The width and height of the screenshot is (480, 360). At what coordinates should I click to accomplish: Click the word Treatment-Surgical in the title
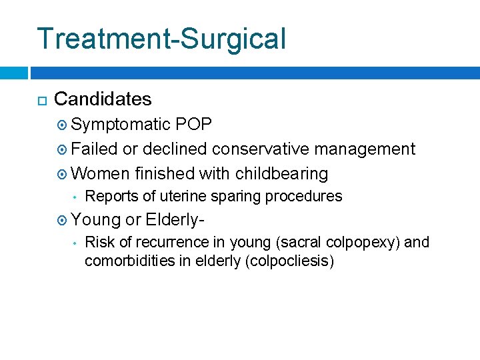(x=161, y=39)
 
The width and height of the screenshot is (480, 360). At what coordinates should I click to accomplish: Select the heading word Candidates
(x=103, y=99)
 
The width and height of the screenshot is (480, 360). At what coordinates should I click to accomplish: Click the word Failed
(x=94, y=149)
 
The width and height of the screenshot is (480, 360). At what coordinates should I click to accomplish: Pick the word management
(x=365, y=149)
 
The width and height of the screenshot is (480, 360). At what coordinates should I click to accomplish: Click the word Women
(x=100, y=173)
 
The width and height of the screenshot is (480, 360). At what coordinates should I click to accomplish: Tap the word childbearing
(x=281, y=173)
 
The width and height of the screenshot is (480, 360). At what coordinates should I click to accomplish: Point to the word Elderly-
(x=174, y=219)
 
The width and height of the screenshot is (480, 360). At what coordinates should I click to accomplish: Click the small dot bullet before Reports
(x=77, y=197)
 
